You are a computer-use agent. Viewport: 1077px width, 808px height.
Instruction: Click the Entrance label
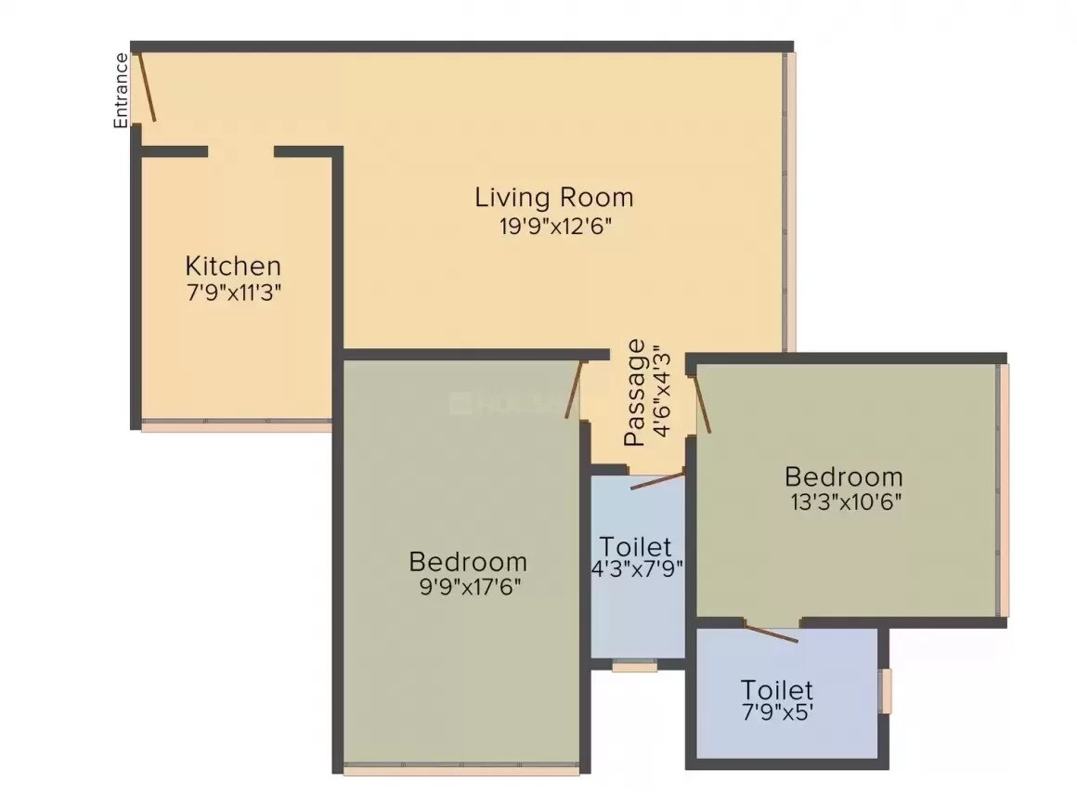coord(121,90)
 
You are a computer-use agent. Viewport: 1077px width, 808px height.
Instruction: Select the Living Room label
coord(554,197)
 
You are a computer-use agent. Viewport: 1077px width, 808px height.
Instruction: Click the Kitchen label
coord(233,265)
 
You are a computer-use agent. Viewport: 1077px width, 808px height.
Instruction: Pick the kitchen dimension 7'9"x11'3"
coord(233,292)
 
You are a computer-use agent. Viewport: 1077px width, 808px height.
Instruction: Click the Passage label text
coord(635,393)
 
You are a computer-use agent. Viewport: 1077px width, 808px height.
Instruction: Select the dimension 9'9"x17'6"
coord(468,588)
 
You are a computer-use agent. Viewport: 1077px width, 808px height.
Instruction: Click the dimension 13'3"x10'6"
coord(843,502)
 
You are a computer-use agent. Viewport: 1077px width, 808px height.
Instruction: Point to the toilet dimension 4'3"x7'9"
coord(637,569)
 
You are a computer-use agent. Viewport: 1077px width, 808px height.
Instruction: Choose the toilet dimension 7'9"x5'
coord(777,715)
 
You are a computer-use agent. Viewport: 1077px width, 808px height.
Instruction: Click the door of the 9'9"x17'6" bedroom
coord(574,388)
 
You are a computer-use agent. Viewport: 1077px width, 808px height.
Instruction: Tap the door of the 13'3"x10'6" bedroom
coord(701,403)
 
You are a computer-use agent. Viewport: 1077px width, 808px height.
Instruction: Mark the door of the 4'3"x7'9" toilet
coord(657,480)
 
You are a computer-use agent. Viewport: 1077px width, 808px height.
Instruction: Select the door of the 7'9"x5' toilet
coord(770,632)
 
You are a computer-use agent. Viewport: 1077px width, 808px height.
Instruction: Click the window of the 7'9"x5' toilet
coord(886,691)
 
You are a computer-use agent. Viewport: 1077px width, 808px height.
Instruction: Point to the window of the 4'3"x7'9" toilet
coord(635,665)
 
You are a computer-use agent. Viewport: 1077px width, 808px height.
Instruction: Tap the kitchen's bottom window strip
coord(236,426)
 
